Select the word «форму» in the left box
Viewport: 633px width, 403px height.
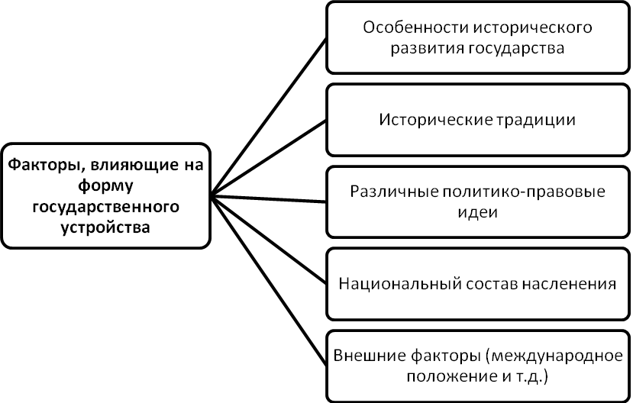click(105, 185)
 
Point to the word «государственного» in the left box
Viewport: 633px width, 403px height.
click(105, 207)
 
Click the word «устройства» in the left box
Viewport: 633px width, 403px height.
click(105, 227)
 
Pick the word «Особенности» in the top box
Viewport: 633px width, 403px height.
click(406, 27)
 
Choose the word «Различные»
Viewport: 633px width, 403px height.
click(388, 191)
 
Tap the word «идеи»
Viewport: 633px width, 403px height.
click(478, 212)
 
